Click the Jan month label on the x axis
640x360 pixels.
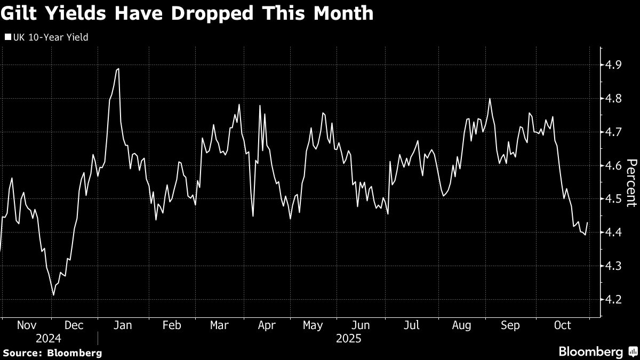123,325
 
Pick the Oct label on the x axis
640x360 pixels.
562,325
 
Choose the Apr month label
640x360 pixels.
267,325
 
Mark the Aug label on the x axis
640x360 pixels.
461,325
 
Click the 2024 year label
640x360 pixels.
49,339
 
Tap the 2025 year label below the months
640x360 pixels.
349,339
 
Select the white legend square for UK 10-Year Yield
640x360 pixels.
7,37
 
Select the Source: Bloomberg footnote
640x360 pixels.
52,353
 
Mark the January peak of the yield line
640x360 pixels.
118,69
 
